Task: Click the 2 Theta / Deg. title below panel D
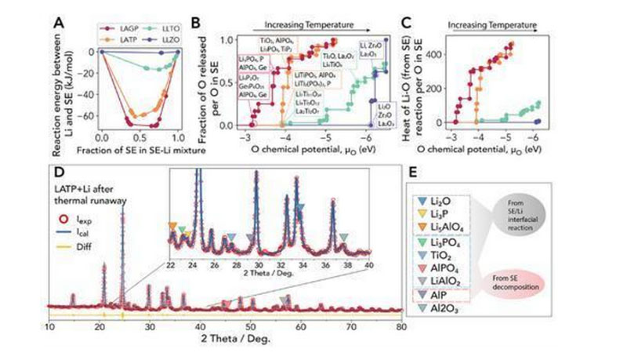[225, 337]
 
